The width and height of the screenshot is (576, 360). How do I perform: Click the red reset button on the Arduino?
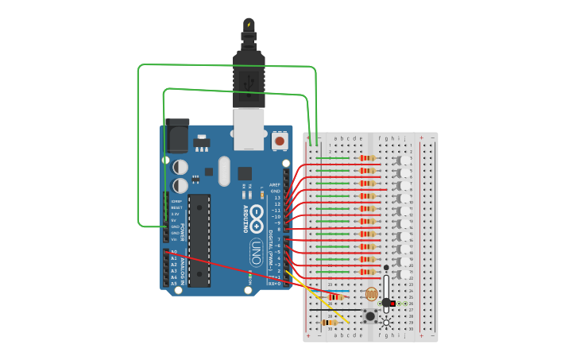coord(279,141)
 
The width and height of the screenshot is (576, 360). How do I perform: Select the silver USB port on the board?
coord(249,129)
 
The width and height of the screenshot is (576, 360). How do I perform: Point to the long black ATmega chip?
coord(199,239)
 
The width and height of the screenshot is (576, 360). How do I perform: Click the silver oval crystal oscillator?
coord(224,170)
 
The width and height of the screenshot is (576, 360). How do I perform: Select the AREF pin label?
coord(275,184)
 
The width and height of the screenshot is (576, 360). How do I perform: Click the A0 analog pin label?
coord(174,252)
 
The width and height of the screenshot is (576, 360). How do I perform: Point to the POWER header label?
coord(182,231)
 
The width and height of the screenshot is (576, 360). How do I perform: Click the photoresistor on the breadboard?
coord(371,294)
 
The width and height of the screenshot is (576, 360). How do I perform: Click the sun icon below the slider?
coord(386,322)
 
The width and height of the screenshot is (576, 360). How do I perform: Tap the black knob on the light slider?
coord(386,303)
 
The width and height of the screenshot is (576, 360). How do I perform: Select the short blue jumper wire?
coord(339,291)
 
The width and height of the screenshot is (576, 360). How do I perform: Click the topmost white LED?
coord(405,159)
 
